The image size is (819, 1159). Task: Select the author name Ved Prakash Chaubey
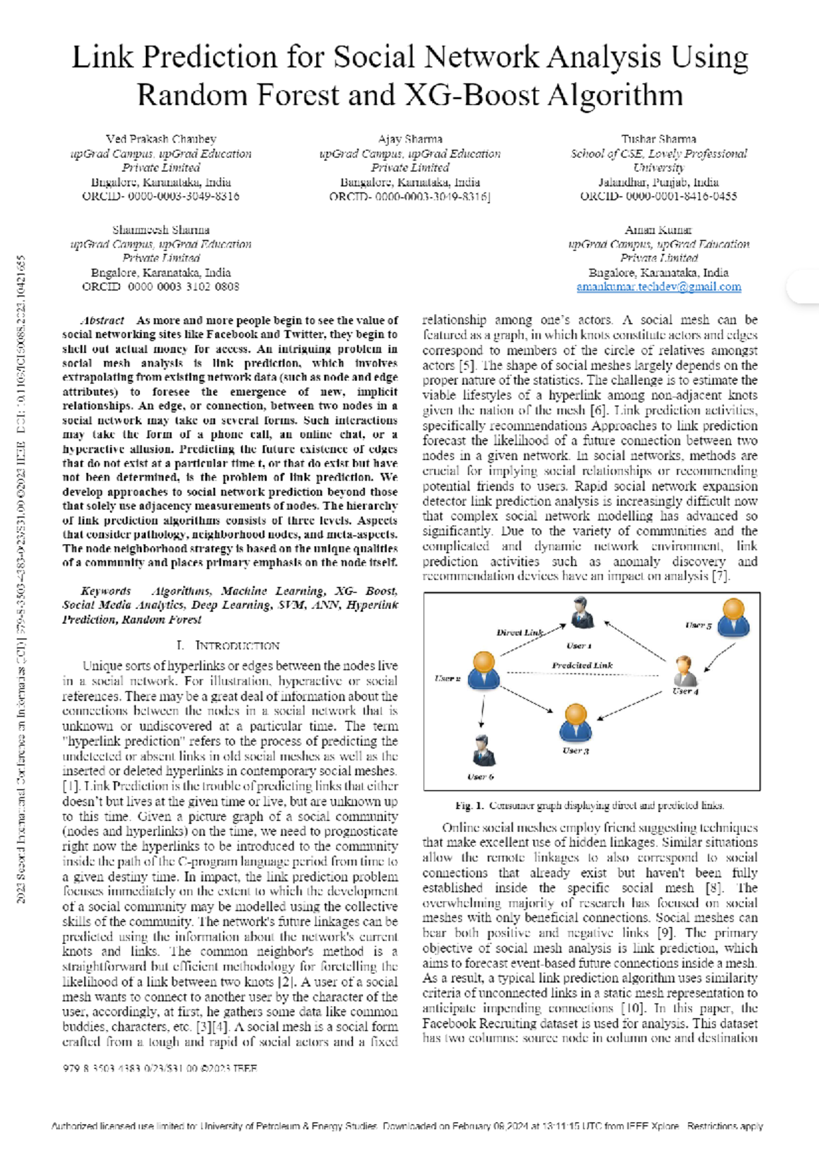(161, 139)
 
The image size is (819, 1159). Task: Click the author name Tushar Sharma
(659, 139)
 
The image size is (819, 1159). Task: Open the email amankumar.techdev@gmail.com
(659, 287)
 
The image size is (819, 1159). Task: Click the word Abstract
(102, 320)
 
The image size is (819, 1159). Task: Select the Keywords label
(105, 591)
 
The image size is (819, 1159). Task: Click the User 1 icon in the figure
(581, 613)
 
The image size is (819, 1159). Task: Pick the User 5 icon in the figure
(734, 617)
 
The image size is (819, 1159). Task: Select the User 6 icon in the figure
(483, 751)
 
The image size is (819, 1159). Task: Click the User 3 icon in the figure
(575, 723)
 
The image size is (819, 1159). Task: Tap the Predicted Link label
(582, 665)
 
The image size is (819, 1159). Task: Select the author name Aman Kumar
(658, 230)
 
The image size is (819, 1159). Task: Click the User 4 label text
(685, 691)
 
